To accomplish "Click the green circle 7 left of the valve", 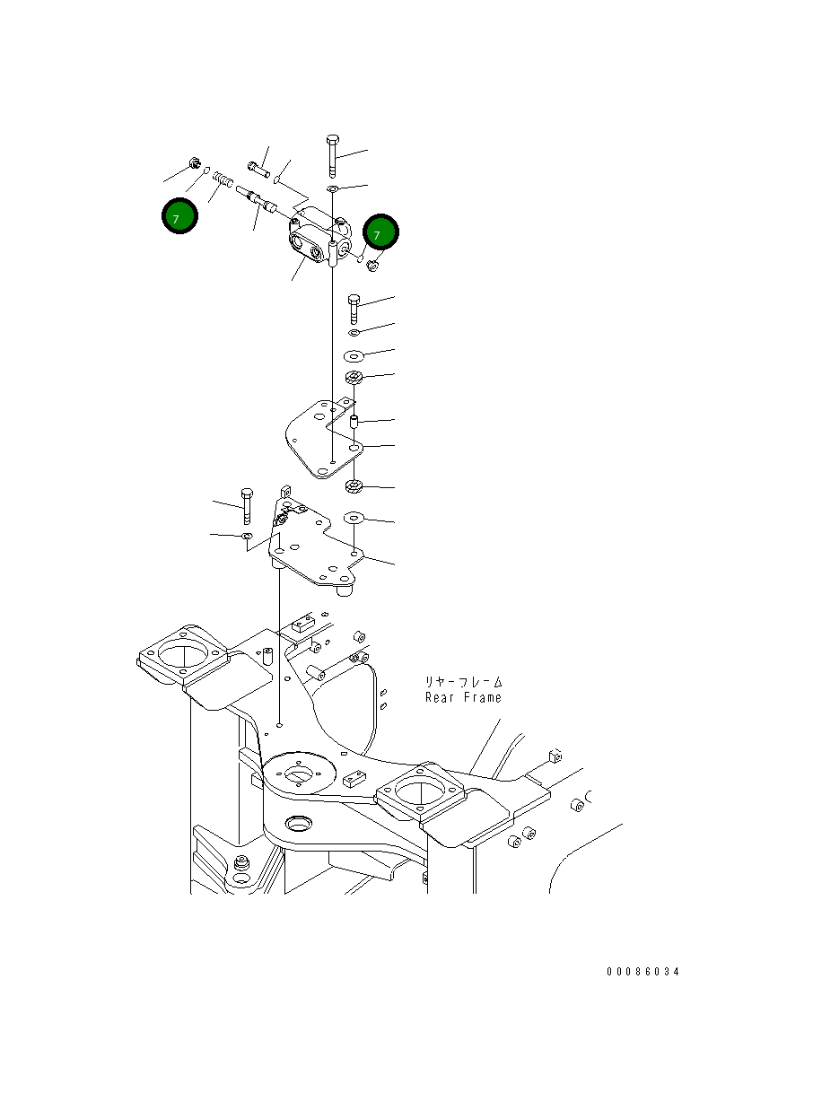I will tap(179, 216).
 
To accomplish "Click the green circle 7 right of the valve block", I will tap(380, 233).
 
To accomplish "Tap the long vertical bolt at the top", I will tap(332, 157).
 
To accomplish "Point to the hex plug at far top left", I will tap(195, 163).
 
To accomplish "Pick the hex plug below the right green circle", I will tap(374, 264).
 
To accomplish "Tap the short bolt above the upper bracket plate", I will tap(354, 308).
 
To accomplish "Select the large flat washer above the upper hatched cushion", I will tap(354, 354).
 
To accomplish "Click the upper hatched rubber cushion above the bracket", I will tap(354, 378).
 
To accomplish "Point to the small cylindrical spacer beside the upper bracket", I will tap(354, 421).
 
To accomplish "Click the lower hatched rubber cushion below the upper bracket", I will tap(354, 487).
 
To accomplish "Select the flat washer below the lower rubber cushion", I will tap(354, 518).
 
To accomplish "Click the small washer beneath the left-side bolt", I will tap(246, 537).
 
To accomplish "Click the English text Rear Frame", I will tap(463, 697).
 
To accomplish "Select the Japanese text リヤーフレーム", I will tap(463, 682).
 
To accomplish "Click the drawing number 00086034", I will tap(643, 972).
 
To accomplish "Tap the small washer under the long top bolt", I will tap(333, 189).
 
